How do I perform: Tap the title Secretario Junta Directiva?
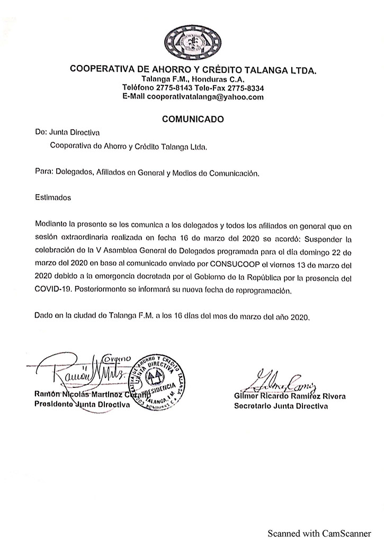[281, 406]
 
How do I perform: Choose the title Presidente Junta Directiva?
[82, 405]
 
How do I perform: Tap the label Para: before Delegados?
[43, 173]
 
